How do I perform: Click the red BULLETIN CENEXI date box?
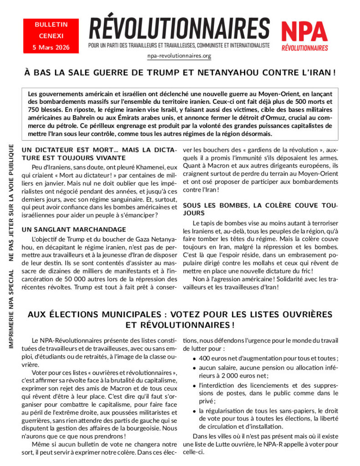click(x=51, y=35)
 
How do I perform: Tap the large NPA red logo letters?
click(x=304, y=31)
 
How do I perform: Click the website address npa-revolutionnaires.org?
click(x=179, y=56)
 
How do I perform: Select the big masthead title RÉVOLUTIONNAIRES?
click(x=179, y=29)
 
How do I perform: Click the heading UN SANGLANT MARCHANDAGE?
click(x=74, y=229)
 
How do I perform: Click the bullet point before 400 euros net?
click(x=195, y=359)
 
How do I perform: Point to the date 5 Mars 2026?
click(x=51, y=47)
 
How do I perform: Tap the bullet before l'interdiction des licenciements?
click(x=195, y=385)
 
